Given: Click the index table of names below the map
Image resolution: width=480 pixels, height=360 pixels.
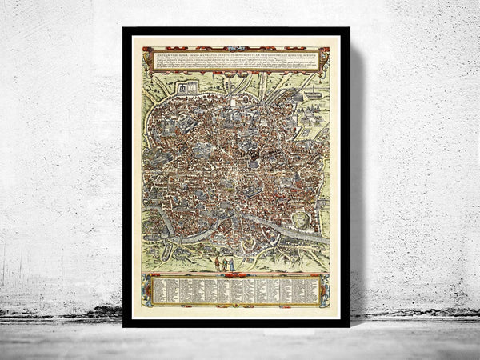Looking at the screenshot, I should point(236,290).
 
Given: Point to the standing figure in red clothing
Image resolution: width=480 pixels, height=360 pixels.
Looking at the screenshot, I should point(217,263).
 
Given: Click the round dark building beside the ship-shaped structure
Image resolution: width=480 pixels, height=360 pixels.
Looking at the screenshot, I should point(298,96).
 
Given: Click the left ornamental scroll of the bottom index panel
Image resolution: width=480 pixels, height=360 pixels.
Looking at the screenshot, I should point(146,290).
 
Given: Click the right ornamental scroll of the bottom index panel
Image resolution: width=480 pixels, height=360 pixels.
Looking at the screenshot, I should point(325,290).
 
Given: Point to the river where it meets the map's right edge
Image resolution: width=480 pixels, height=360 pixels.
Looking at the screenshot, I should point(326,240).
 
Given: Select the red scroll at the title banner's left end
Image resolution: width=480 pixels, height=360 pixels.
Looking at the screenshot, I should point(146,59).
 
